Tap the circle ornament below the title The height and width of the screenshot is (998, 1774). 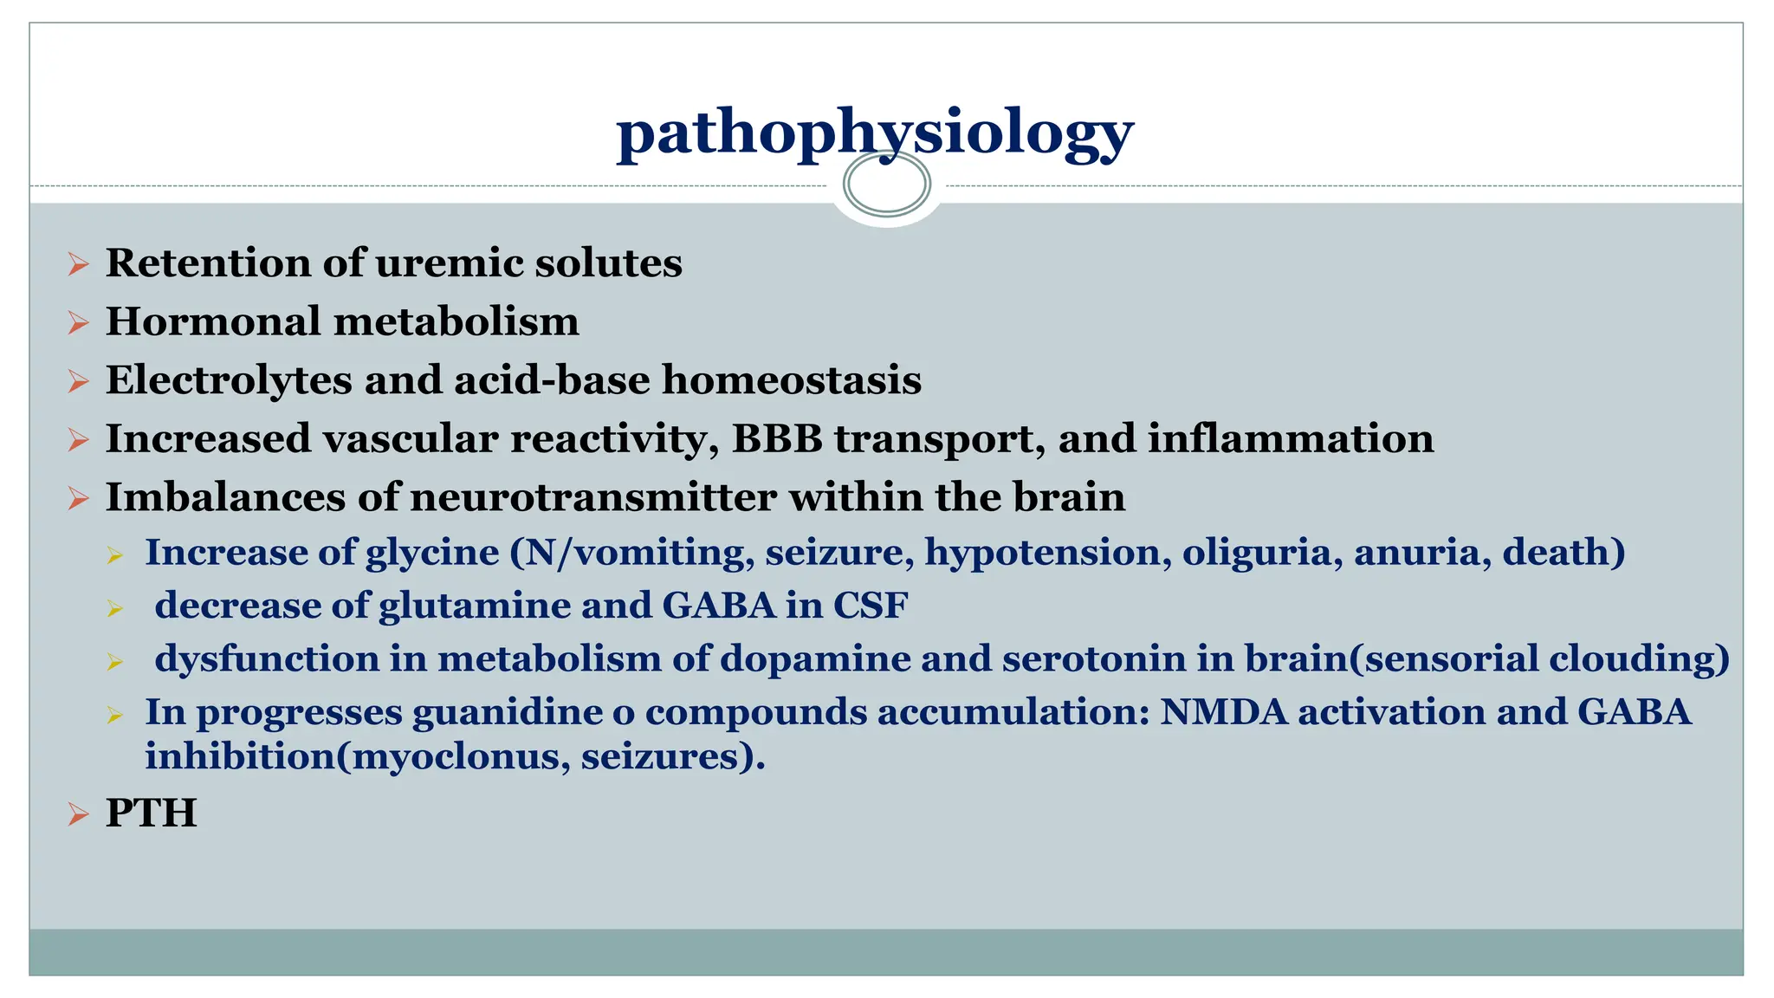click(x=886, y=184)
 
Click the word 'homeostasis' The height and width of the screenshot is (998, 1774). click(x=791, y=380)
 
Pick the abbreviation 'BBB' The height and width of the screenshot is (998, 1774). click(x=777, y=438)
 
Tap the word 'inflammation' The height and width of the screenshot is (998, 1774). click(x=1291, y=438)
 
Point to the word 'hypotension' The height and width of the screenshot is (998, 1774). click(x=1042, y=553)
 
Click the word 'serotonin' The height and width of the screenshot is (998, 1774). click(x=1094, y=659)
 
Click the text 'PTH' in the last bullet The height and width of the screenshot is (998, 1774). click(x=151, y=813)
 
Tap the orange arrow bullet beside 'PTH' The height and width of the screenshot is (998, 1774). click(x=79, y=814)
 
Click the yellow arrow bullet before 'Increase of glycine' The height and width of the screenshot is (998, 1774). click(x=116, y=555)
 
